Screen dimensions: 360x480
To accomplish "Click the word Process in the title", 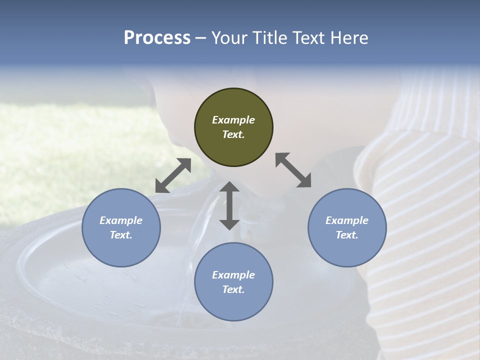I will tap(157, 37).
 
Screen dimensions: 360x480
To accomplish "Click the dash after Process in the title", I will tap(200, 38).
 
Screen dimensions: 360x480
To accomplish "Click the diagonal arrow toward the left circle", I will tap(173, 175).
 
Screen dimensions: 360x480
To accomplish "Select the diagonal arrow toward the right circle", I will tap(293, 170).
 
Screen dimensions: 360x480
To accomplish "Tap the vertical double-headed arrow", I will tap(229, 205).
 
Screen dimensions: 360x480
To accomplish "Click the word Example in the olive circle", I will tap(233, 120).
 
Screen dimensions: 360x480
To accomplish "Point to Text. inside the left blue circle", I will tap(121, 235).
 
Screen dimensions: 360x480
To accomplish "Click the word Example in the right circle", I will tap(347, 220).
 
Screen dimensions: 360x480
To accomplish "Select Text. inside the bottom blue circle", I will tap(233, 289).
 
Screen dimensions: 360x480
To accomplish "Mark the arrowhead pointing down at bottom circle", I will tap(229, 224).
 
